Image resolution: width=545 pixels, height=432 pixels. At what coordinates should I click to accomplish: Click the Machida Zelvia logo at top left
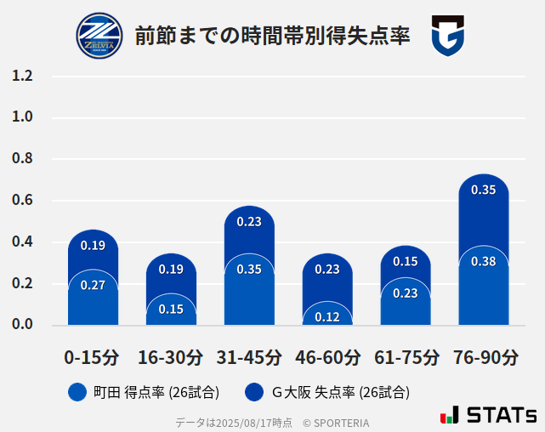coord(99,36)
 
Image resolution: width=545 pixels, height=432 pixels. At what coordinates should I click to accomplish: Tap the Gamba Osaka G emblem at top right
coord(447,36)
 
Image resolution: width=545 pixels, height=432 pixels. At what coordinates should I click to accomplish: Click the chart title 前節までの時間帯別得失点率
coord(272,36)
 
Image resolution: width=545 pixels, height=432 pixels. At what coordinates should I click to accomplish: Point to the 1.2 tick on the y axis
coord(22,77)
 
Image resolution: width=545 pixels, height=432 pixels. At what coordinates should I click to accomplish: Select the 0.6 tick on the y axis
coord(22,201)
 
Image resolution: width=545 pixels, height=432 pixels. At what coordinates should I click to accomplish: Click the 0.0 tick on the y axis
coord(22,325)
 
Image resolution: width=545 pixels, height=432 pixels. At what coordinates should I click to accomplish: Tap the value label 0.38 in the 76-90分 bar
coord(483,262)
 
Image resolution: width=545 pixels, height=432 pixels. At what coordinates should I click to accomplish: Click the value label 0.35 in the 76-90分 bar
coord(483,190)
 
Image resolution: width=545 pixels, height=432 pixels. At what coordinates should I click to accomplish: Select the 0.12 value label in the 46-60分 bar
coord(327,316)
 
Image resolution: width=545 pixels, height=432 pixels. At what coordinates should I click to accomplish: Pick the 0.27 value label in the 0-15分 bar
coord(93,286)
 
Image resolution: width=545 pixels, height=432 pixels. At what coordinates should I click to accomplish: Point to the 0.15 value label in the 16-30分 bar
coord(171,310)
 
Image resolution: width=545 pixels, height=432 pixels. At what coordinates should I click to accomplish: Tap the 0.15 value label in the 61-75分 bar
coord(406,262)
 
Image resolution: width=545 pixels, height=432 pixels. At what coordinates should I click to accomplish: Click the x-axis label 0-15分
coord(93,357)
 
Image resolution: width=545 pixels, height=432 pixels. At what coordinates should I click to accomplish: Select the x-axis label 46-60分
coord(327,357)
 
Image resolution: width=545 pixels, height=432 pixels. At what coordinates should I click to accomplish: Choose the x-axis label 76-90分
coord(485,357)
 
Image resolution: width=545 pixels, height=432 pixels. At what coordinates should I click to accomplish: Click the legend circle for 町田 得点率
coord(77,392)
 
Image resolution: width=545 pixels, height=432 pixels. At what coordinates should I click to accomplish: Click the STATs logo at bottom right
coord(488,415)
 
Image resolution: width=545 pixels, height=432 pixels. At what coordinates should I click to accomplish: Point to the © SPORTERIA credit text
coord(336,423)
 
